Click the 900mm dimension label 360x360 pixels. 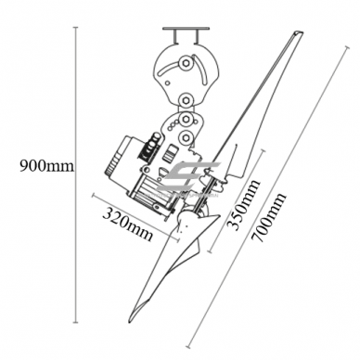pos(46,166)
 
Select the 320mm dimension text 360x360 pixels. pos(128,225)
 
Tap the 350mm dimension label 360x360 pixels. pos(242,205)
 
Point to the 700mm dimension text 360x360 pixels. pos(268,217)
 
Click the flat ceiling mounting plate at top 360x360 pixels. pos(186,29)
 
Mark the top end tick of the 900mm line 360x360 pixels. pos(76,28)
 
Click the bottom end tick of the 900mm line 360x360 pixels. pos(76,323)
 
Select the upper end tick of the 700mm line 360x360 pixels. pos(347,47)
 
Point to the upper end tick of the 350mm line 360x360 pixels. pos(263,150)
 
